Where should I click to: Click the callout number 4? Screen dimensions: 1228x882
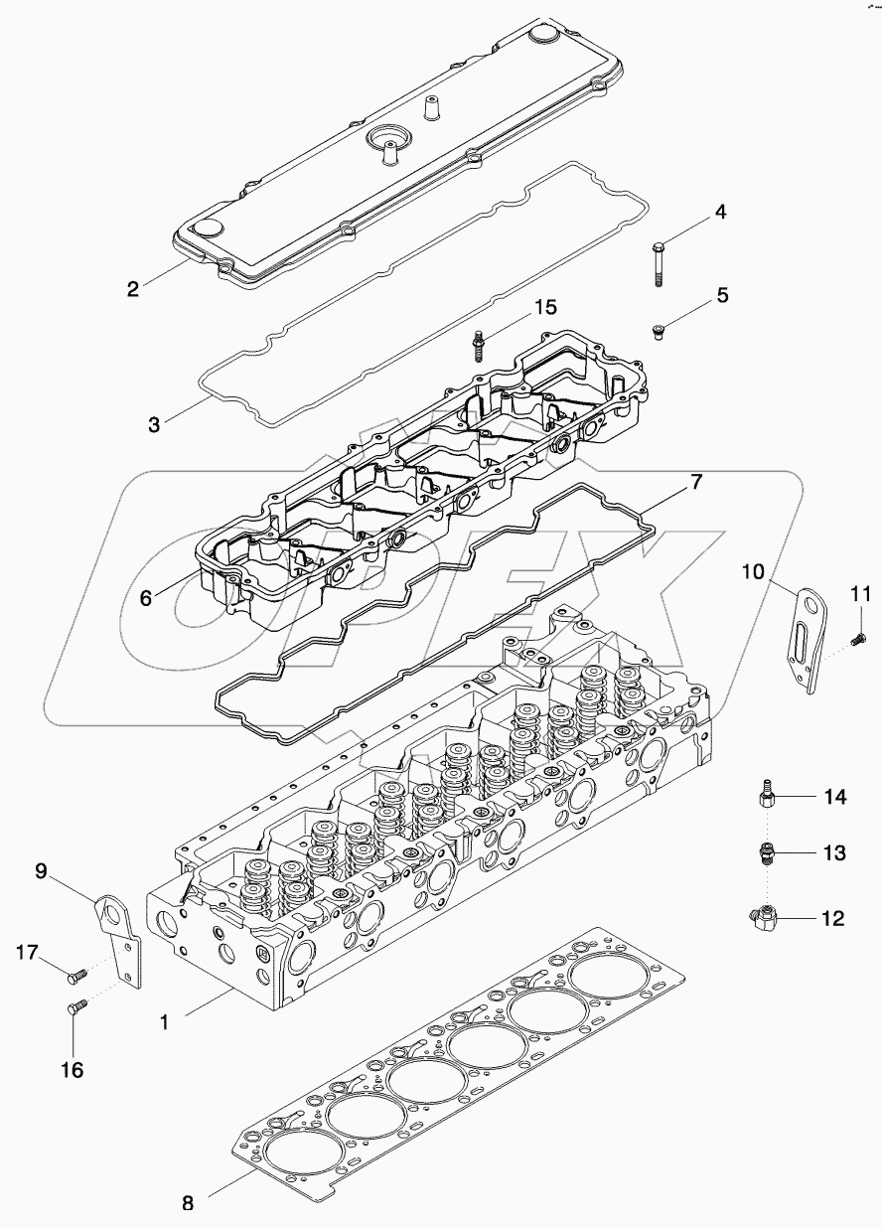coord(720,212)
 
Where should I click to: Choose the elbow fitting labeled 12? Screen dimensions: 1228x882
coord(761,919)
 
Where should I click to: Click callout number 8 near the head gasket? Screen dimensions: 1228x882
coord(188,1202)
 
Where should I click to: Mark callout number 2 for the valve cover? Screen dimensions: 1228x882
coord(132,290)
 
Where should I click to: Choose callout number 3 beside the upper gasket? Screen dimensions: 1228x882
coord(154,424)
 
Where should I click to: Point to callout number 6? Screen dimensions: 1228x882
coord(146,598)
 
